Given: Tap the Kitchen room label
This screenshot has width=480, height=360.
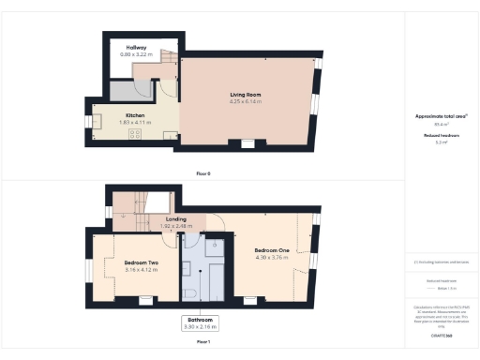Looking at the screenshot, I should pos(135,116).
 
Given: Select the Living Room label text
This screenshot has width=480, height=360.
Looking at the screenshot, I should pos(245,94).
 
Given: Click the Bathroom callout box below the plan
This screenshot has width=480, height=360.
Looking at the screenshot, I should pos(200,323).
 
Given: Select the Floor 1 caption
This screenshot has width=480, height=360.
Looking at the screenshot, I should pos(203,342).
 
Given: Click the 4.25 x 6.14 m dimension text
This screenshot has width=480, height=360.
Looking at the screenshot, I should pos(245,101).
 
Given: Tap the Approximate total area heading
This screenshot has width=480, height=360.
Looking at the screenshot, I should pos(441,116).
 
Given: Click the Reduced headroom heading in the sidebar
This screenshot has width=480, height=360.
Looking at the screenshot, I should pos(441,135).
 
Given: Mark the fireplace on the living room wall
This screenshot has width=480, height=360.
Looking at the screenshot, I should pos(247,143).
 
